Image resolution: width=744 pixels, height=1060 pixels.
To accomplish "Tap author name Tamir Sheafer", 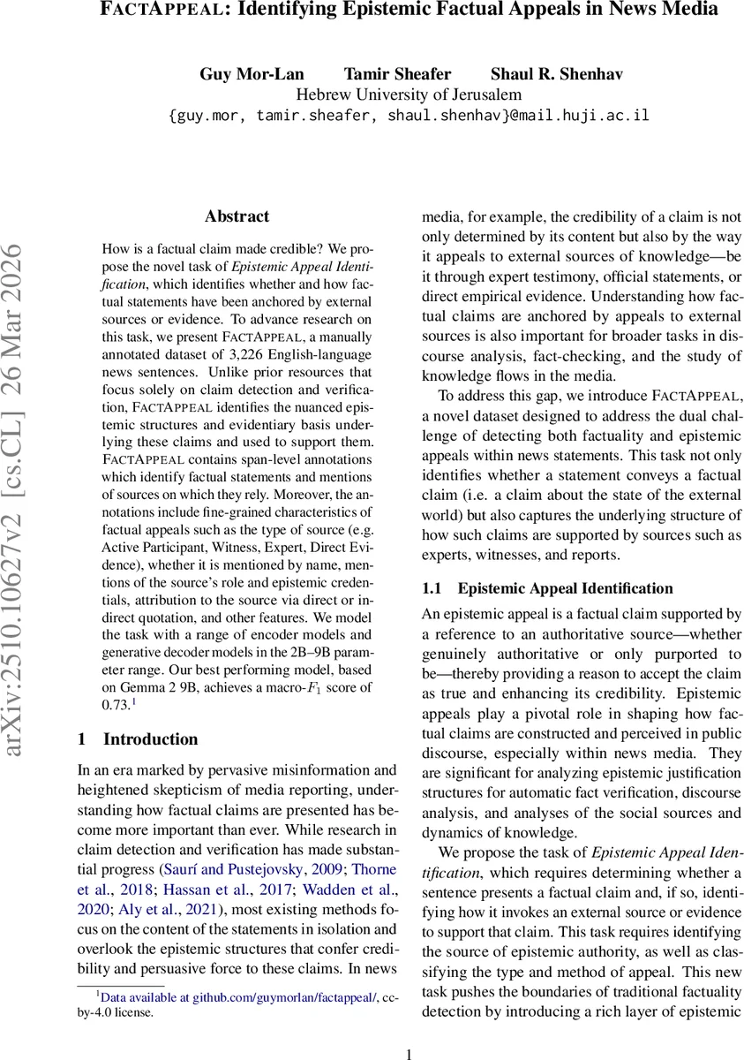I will (x=385, y=73).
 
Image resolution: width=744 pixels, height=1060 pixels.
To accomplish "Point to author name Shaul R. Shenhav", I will (x=544, y=73).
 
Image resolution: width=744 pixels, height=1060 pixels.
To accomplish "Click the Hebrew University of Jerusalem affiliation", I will (x=409, y=95).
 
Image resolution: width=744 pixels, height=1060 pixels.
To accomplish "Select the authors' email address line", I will (x=409, y=116).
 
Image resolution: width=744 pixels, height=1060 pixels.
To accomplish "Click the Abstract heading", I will (x=237, y=216).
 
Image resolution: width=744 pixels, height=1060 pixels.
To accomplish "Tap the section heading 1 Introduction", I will (x=137, y=739).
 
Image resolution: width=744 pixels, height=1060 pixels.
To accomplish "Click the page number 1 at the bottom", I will (x=408, y=1053).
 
